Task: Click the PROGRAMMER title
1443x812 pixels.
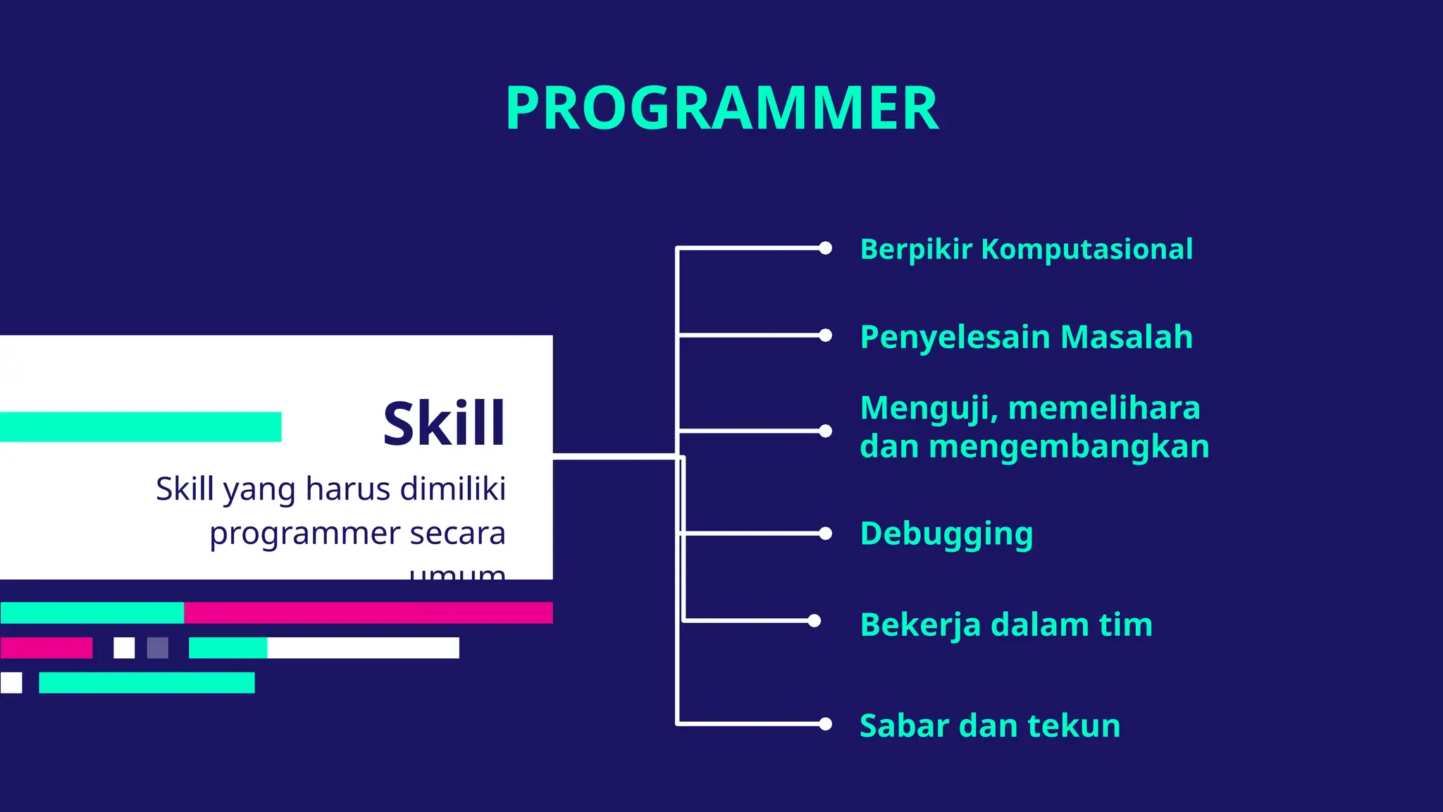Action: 722,108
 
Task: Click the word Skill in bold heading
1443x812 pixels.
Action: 444,424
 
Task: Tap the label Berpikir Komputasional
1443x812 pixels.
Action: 1026,250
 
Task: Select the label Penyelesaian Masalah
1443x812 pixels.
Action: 1026,337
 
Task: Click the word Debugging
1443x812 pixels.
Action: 946,534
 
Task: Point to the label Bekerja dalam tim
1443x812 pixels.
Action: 1005,625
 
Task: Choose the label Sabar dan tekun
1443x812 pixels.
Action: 989,725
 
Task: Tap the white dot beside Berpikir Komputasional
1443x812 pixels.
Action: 825,248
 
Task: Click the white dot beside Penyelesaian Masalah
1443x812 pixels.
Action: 825,336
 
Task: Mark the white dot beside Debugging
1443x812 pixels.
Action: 825,534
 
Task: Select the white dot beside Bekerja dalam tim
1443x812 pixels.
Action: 815,621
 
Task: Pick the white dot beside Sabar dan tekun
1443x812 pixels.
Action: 825,724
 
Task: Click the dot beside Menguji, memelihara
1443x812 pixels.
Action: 825,431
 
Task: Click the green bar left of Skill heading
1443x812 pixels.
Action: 141,427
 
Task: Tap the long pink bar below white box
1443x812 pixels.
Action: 368,613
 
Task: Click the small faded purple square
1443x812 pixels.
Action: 157,648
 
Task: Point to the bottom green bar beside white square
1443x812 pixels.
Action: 147,683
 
